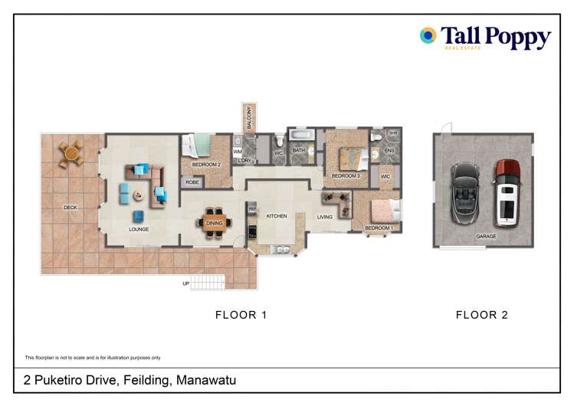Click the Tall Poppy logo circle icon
click(428, 35)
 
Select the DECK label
click(71, 208)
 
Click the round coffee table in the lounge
click(138, 195)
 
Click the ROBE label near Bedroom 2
click(192, 182)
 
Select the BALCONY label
click(248, 120)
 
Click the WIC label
click(385, 177)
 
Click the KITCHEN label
click(276, 217)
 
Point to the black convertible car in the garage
click(464, 192)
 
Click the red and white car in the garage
click(507, 192)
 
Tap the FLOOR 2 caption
click(481, 315)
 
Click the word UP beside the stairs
click(185, 283)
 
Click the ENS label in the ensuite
click(388, 151)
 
